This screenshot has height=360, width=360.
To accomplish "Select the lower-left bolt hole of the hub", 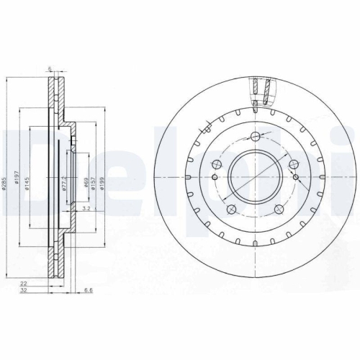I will click(x=230, y=210).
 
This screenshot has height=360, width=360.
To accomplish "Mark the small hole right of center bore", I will click(x=297, y=177).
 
